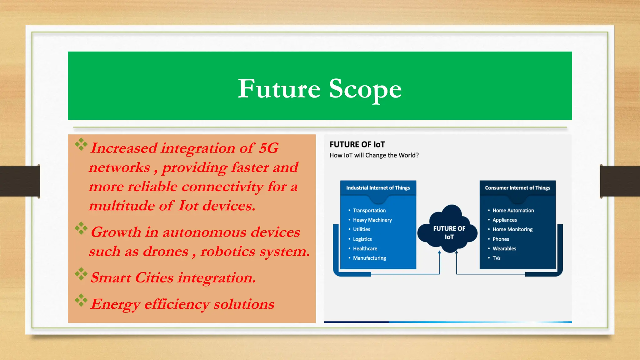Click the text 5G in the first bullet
pos(268,148)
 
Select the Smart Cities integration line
pos(173,277)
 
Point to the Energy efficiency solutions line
pos(182,304)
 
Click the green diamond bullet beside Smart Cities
pos(81,274)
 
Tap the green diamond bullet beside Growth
pos(81,228)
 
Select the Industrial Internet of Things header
pos(378,188)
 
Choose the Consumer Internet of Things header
pos(517,188)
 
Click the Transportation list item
pos(369,211)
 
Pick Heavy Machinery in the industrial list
pos(372,220)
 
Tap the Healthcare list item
pos(365,249)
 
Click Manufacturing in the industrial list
pos(369,258)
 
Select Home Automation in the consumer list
pos(513,211)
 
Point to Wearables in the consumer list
pos(504,249)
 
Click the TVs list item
pos(496,258)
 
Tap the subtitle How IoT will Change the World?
pos(374,155)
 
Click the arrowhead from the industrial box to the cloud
pos(439,252)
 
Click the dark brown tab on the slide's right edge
pos(620,181)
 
